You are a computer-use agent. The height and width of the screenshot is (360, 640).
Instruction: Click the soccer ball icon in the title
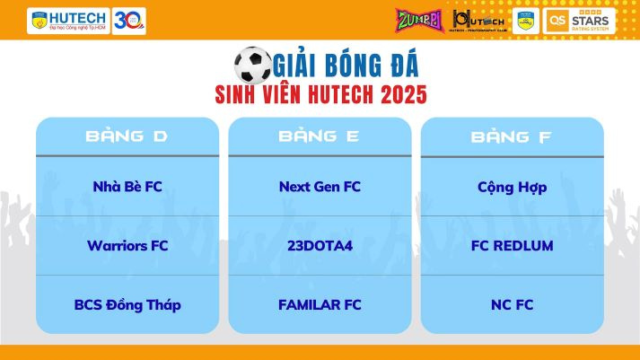[252, 65]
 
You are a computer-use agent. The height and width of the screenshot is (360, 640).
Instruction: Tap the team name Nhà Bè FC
[127, 187]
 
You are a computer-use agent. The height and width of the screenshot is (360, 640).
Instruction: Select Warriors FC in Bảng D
[127, 245]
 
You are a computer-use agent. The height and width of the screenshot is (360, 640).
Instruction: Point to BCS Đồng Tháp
[127, 304]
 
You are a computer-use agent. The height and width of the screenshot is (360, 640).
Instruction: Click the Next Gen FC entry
[320, 187]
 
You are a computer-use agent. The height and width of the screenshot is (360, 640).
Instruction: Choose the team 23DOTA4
[320, 245]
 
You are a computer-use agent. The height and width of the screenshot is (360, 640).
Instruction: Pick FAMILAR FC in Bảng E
[320, 304]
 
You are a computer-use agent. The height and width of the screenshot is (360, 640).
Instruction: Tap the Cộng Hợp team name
[513, 187]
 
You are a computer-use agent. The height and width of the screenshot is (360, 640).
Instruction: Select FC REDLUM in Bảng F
[513, 245]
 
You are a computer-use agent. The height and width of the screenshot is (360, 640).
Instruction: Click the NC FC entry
[513, 304]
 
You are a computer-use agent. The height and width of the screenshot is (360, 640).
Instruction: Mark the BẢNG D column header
[127, 136]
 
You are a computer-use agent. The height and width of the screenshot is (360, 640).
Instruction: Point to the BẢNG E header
[319, 136]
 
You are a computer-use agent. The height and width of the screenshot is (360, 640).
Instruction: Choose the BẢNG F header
[512, 137]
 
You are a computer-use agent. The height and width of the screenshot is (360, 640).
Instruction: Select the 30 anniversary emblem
[129, 20]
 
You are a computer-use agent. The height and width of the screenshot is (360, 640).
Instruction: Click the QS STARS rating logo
[579, 20]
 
